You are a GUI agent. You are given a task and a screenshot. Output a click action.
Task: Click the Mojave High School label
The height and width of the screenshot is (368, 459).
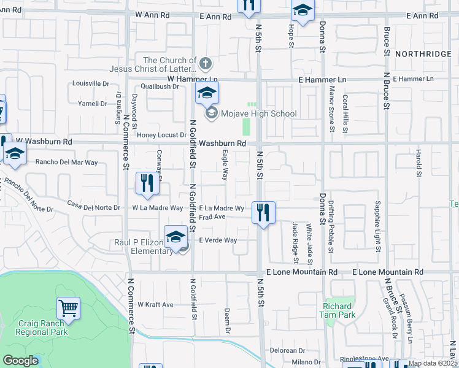(x=259, y=113)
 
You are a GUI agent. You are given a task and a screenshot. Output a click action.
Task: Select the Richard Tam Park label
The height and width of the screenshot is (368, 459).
(x=337, y=310)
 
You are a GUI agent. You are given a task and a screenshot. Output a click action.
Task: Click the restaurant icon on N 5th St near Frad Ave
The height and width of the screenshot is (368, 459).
(x=263, y=213)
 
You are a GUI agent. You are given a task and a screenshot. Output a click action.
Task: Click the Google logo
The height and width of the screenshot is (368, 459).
(x=21, y=361)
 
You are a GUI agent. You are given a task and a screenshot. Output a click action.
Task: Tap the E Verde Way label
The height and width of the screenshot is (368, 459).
(x=218, y=240)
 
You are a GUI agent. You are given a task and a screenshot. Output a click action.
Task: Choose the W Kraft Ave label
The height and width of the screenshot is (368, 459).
(x=155, y=304)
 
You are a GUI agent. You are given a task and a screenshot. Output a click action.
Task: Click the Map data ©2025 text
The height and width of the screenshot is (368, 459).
(x=433, y=363)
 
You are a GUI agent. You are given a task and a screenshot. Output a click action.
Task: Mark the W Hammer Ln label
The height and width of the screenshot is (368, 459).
(x=193, y=80)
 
